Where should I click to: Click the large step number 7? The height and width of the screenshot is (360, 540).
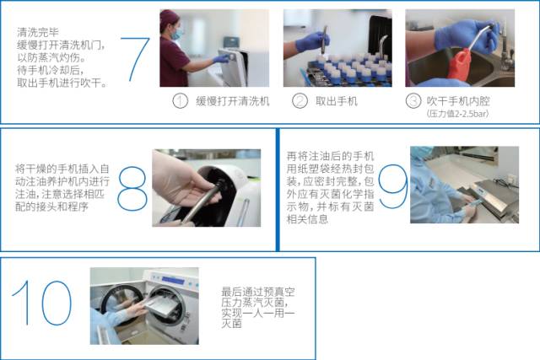pos(135,59)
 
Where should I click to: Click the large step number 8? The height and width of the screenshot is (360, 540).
pos(132,187)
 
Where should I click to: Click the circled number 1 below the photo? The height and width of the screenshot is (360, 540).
pos(179,101)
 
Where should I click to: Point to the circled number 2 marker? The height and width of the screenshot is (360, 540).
pos(300,101)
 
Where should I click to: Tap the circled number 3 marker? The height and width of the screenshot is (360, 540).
pos(413,101)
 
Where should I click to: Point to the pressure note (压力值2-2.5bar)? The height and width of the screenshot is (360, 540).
pos(459,113)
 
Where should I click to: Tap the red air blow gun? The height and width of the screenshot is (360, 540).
pos(460,63)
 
